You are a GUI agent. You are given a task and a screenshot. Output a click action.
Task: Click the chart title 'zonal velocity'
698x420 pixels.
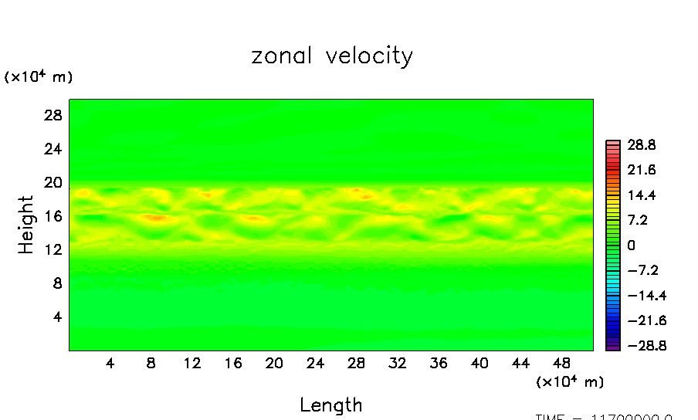tap(332, 56)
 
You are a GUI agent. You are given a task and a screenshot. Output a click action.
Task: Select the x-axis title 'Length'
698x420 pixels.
tap(330, 405)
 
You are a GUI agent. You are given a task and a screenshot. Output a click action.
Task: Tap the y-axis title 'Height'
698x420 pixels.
tap(27, 225)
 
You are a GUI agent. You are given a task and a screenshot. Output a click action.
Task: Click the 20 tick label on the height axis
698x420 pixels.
tap(52, 182)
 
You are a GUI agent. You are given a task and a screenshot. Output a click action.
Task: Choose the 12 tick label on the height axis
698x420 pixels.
tap(52, 249)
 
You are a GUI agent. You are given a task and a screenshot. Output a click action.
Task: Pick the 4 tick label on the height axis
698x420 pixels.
tap(56, 317)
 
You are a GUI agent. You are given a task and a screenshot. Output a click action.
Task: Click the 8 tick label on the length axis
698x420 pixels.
tap(151, 364)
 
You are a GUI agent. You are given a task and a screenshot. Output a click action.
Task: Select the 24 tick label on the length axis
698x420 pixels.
tap(315, 364)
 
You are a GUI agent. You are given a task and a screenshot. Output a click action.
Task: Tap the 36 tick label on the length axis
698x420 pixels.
tap(439, 364)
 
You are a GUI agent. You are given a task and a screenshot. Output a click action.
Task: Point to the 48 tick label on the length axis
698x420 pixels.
tap(561, 364)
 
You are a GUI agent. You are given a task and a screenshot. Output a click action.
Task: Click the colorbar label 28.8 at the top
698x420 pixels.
tap(641, 144)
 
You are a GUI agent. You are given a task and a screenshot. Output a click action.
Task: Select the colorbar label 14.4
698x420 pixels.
tap(641, 195)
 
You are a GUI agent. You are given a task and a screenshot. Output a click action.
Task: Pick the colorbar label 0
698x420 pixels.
tap(631, 246)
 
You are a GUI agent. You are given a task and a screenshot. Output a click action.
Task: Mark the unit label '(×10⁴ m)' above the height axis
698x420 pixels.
tap(39, 76)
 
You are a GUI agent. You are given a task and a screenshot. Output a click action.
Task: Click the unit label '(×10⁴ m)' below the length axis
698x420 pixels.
tap(570, 381)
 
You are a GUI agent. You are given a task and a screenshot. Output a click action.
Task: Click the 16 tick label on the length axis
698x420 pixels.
tap(233, 364)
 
